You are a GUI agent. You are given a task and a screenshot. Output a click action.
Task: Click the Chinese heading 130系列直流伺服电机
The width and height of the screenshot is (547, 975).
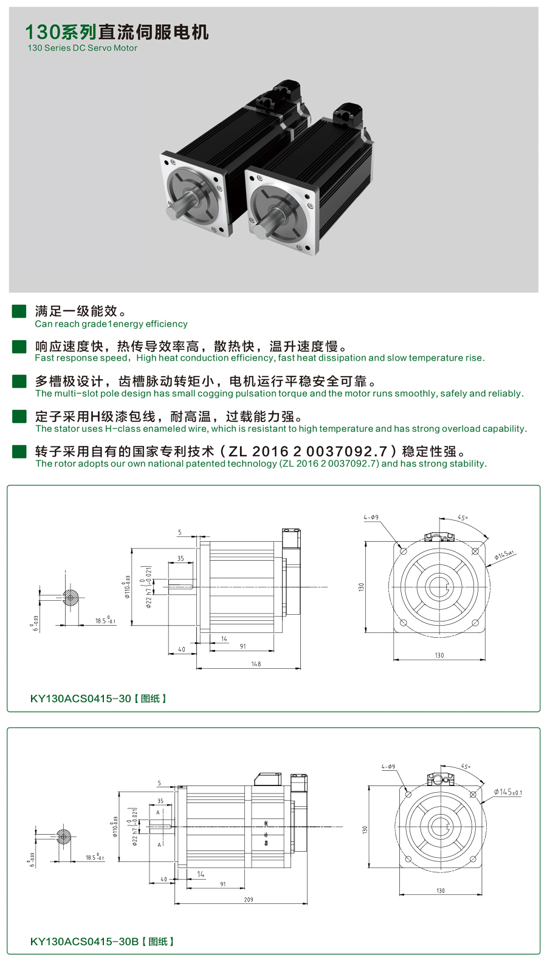(117, 32)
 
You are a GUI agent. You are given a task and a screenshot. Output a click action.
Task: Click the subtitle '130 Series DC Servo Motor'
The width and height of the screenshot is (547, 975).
(82, 48)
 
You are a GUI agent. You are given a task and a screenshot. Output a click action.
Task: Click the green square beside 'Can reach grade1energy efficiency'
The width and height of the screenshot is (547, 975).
(19, 311)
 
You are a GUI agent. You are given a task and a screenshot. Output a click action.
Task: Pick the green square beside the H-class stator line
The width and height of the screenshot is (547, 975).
(19, 416)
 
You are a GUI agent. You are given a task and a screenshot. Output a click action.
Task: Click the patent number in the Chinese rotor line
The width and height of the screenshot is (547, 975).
(320, 451)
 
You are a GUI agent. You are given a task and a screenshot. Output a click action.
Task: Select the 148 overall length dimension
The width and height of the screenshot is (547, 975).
(256, 664)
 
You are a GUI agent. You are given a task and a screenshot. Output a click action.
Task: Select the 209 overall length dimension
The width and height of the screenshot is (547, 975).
(249, 900)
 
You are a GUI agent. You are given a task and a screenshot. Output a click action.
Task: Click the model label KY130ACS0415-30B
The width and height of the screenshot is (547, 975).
(84, 942)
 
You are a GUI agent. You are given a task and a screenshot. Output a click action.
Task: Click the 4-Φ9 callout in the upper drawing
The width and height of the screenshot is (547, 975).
(371, 518)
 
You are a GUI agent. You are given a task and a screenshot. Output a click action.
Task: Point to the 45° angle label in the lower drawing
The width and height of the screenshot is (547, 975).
(466, 767)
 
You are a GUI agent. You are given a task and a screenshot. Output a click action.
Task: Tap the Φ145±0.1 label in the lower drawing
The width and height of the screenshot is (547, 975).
(507, 792)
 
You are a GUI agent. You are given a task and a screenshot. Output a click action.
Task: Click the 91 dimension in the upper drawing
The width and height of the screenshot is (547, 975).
(243, 646)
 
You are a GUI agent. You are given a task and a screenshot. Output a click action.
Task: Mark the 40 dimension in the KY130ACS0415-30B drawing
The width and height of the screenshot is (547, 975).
(163, 879)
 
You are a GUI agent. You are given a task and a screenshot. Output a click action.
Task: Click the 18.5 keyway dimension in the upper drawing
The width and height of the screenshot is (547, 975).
(105, 621)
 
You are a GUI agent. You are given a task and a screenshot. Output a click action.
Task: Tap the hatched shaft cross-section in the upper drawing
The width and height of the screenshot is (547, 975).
(71, 598)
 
